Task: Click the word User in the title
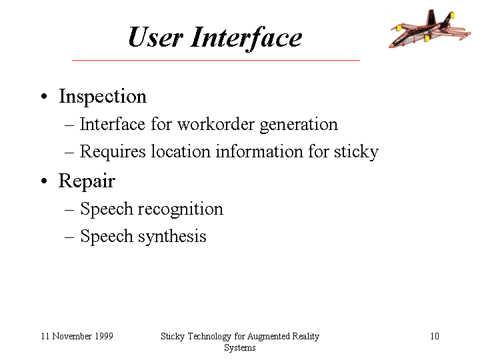coord(155,37)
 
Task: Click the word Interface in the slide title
coord(246,37)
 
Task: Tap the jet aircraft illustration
coord(430,29)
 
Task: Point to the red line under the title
coord(216,60)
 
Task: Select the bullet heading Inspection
coord(103,97)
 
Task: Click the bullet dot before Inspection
coord(45,97)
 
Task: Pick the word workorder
coord(216,125)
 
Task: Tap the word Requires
coord(113,152)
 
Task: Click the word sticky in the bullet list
coord(356,152)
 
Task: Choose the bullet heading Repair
coord(87,181)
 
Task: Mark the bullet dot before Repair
coord(45,181)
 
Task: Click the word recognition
coord(180,210)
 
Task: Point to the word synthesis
coord(172,237)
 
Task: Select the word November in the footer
coord(72,336)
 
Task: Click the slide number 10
coord(435,336)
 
